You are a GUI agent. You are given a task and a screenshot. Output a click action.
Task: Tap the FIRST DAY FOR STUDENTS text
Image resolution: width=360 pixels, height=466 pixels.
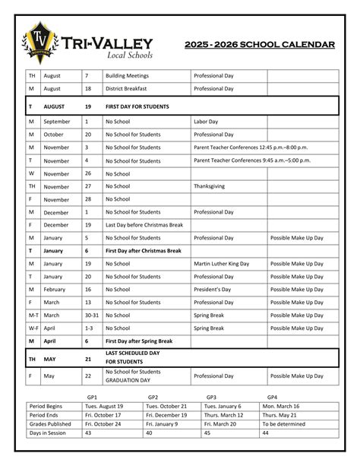(x=137, y=106)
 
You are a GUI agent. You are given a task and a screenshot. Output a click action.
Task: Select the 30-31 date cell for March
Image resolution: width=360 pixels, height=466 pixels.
(x=91, y=315)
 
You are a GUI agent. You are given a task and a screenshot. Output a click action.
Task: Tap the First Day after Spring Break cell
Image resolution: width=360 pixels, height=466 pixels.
(x=143, y=341)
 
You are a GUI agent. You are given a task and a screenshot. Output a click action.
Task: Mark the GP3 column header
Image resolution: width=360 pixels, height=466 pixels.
(x=211, y=398)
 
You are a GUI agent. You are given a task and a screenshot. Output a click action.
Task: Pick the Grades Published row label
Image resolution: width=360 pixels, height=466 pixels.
(x=50, y=423)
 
